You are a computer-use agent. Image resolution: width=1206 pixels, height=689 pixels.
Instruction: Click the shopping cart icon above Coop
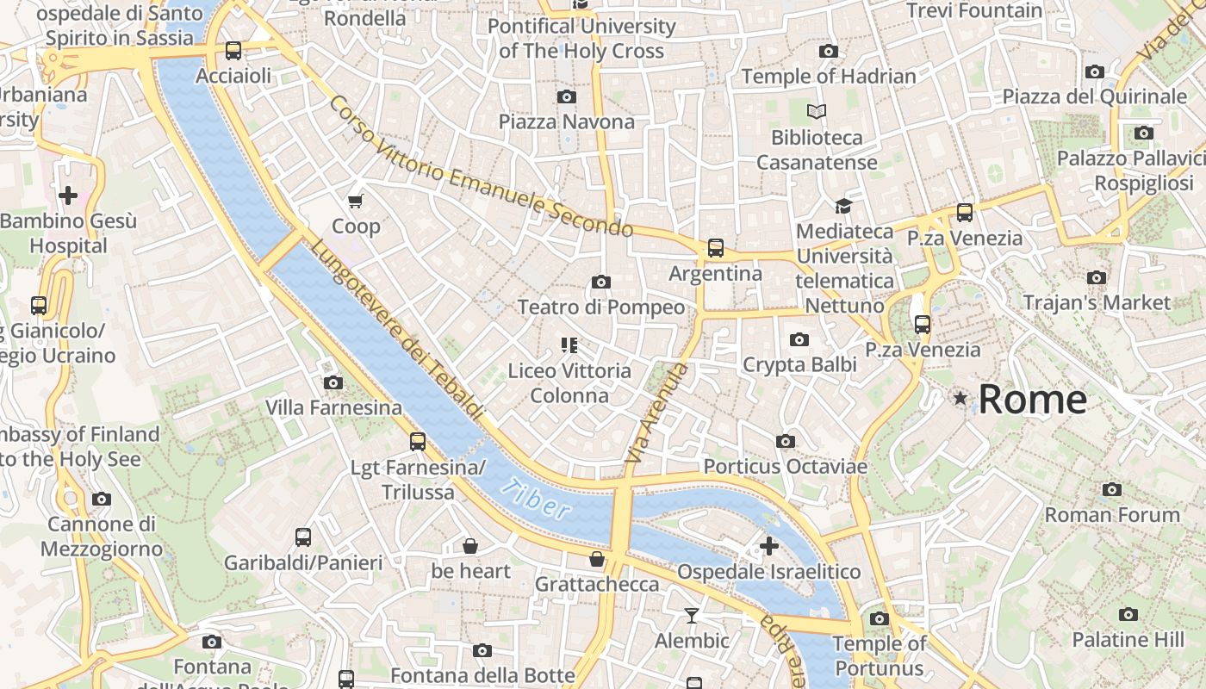[x=356, y=202]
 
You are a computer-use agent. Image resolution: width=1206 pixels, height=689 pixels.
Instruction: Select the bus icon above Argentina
[x=715, y=248]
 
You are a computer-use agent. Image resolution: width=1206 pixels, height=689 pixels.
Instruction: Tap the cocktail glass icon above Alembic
[x=691, y=615]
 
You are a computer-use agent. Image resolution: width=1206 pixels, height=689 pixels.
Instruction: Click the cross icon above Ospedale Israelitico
[x=768, y=546]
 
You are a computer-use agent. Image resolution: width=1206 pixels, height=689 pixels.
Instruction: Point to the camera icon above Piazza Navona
[x=566, y=96]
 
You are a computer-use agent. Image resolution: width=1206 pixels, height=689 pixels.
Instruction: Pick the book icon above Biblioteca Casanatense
[x=816, y=111]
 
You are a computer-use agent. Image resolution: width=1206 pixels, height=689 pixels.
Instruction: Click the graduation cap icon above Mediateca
[x=843, y=206]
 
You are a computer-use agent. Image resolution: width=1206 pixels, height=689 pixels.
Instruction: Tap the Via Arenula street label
[x=656, y=413]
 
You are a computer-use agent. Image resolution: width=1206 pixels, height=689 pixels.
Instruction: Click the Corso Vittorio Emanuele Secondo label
[x=481, y=169]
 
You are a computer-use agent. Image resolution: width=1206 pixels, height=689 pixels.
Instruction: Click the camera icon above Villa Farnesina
[x=333, y=382]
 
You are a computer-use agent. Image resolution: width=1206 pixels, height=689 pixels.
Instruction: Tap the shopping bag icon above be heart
[x=470, y=546]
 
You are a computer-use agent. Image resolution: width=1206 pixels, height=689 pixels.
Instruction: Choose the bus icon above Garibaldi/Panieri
[x=303, y=537]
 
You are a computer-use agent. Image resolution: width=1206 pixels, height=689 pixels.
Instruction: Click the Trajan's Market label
[x=1096, y=303]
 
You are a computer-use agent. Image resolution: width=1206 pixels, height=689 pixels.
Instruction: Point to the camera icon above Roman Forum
[x=1112, y=489]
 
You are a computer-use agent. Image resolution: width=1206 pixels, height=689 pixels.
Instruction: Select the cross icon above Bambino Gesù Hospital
[x=68, y=196]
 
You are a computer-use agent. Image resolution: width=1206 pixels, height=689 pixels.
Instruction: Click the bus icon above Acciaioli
[x=233, y=50]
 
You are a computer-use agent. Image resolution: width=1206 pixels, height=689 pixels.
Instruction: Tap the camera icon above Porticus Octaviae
[x=785, y=441]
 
